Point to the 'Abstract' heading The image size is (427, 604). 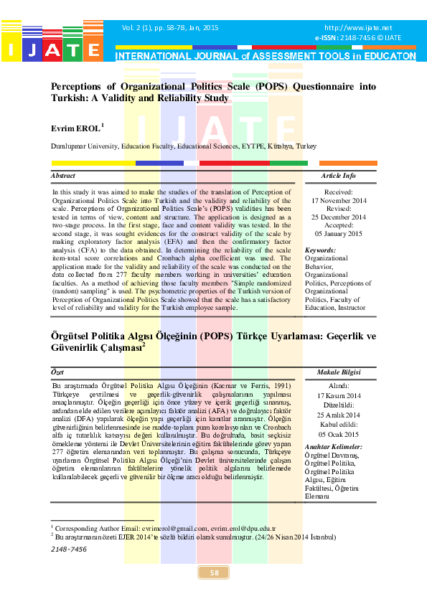[62, 176]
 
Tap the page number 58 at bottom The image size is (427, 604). [214, 572]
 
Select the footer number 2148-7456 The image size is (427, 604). [69, 549]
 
